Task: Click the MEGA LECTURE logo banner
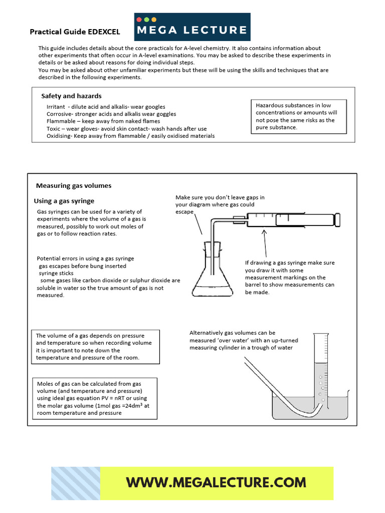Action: click(x=192, y=27)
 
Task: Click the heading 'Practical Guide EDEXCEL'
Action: click(x=75, y=32)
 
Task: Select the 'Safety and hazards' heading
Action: click(x=71, y=96)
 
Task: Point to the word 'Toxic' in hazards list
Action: click(x=54, y=129)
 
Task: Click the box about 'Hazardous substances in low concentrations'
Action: click(x=299, y=116)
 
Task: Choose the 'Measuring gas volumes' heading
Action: click(x=74, y=185)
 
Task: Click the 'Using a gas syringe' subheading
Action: click(x=64, y=201)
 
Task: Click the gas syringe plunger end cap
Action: click(x=339, y=219)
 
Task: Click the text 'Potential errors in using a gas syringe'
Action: click(x=85, y=259)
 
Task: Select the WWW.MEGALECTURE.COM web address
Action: click(x=216, y=482)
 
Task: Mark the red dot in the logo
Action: click(x=139, y=19)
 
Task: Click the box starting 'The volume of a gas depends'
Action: click(x=95, y=346)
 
